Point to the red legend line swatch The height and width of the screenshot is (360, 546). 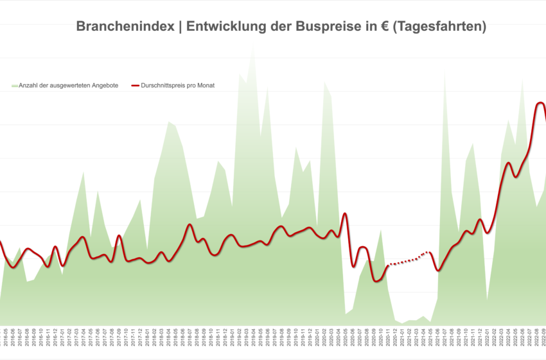coord(135,85)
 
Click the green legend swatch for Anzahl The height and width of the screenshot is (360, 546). coord(14,85)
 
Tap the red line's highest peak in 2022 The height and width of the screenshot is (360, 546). coord(540,103)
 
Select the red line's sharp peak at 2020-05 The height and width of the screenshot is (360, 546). coord(345,213)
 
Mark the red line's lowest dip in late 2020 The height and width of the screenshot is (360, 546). coord(378,281)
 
